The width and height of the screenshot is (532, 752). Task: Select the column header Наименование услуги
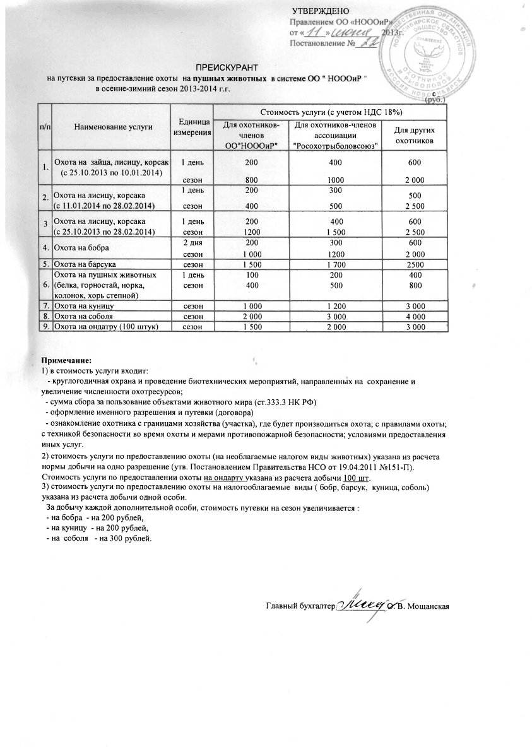pos(114,127)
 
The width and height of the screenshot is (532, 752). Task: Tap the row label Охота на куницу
pos(84,305)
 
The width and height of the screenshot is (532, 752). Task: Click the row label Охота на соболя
pos(84,315)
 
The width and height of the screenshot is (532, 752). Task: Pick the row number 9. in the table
pos(45,326)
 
